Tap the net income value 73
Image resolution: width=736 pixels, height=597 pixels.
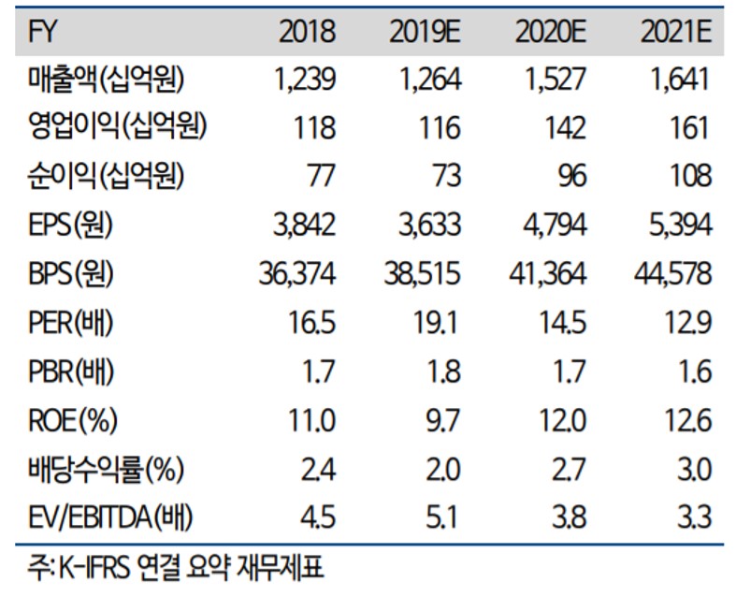tap(442, 175)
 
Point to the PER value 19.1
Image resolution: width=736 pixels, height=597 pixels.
tap(437, 322)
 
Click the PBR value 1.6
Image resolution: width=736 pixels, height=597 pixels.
tap(693, 371)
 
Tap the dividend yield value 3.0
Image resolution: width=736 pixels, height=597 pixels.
tap(693, 468)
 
